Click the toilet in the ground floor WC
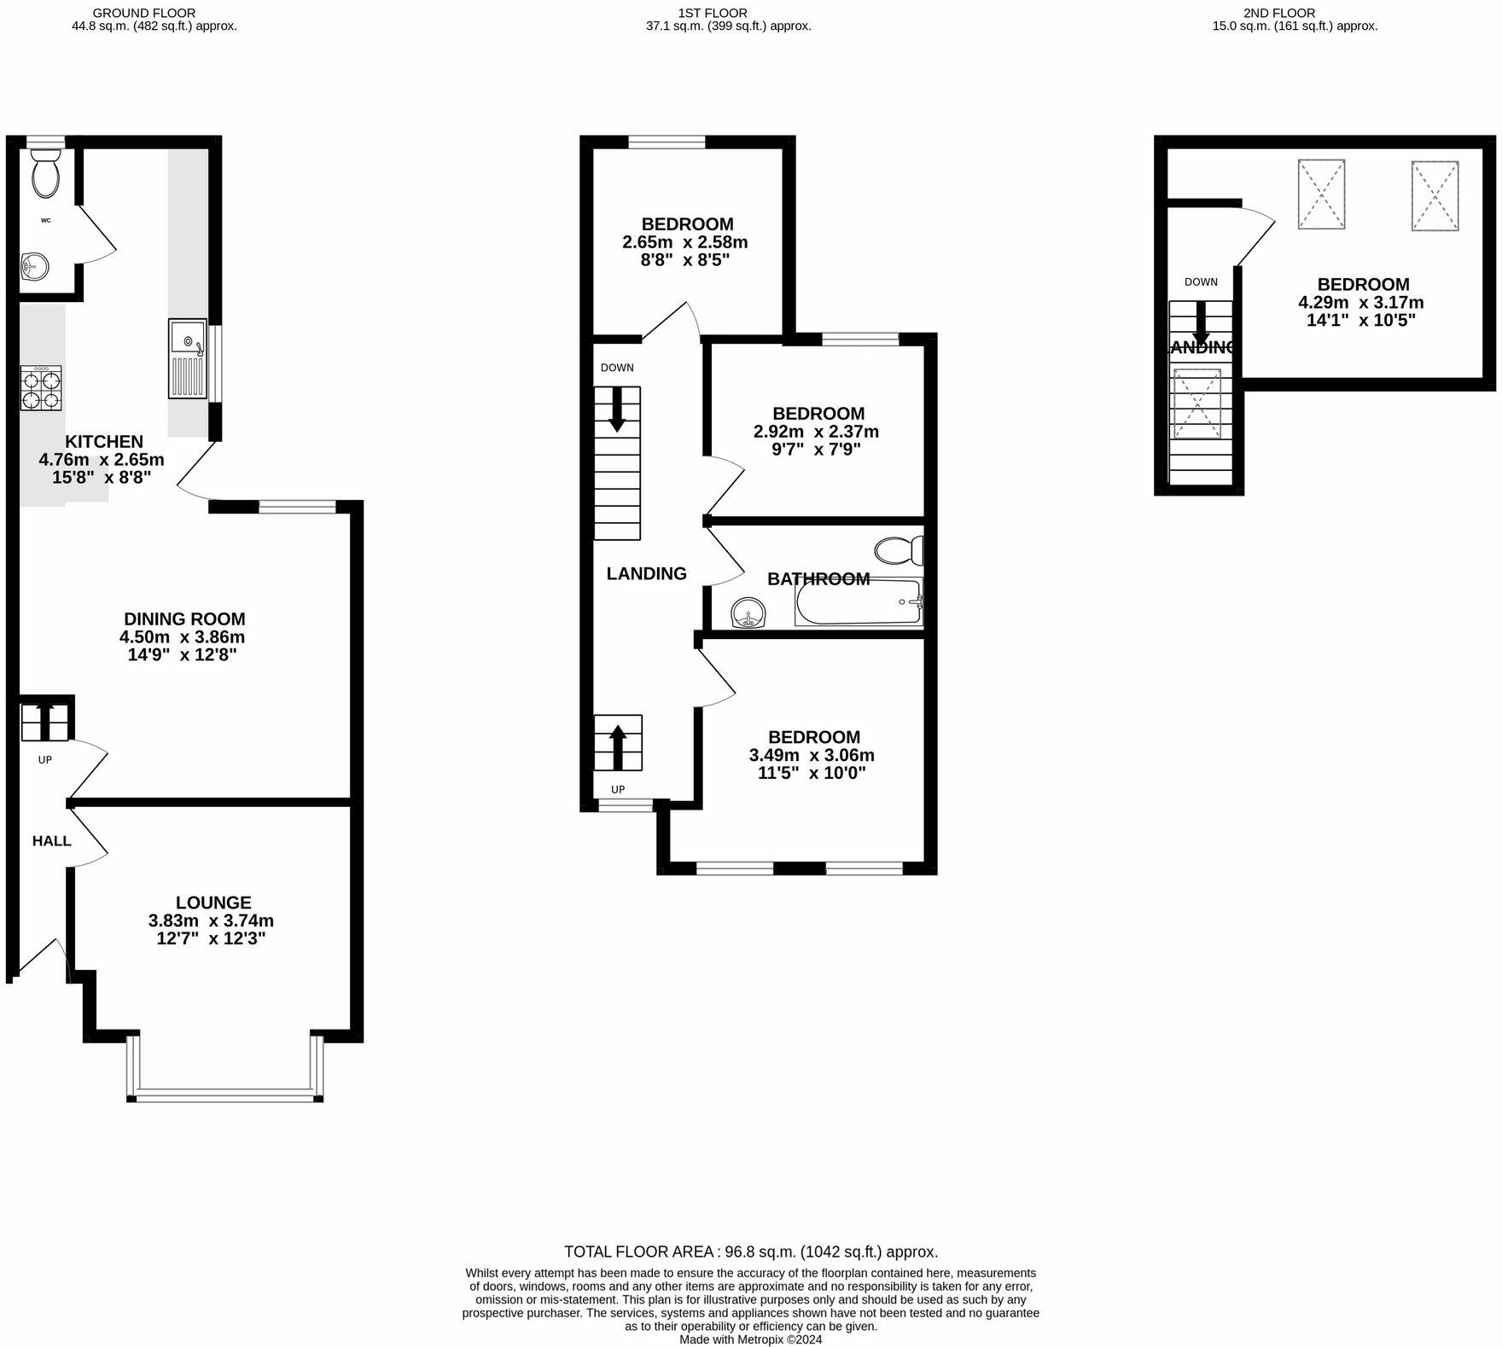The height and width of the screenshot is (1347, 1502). tap(45, 174)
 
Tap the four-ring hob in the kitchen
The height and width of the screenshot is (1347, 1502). tap(41, 388)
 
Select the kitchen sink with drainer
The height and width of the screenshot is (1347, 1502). tap(188, 358)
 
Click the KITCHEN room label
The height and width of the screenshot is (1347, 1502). tap(104, 441)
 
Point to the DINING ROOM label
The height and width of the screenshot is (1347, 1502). tap(184, 619)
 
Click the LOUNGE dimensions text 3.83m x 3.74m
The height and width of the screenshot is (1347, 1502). tap(211, 920)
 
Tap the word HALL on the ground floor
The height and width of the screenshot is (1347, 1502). tap(52, 841)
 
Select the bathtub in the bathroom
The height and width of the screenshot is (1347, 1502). tap(859, 602)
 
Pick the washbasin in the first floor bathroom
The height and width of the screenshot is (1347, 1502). tap(748, 612)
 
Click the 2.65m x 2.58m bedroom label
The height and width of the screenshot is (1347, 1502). tap(685, 241)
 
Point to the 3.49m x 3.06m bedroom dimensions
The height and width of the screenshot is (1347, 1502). tap(812, 755)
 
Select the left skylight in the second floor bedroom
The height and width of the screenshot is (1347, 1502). tap(1321, 195)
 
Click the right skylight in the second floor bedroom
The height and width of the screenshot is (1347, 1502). tap(1435, 195)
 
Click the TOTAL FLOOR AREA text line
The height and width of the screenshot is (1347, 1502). tap(751, 1251)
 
